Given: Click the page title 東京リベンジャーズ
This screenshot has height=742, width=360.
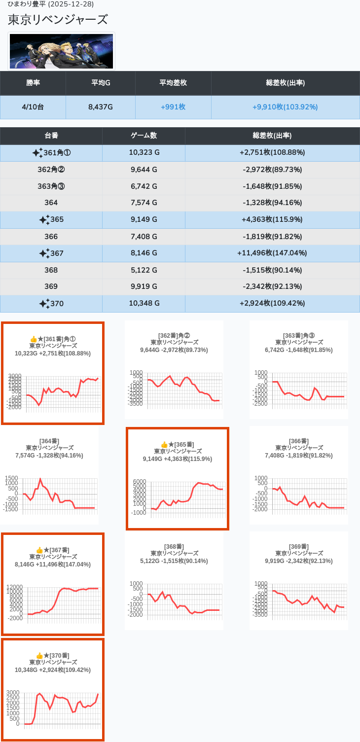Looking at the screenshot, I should click(58, 20).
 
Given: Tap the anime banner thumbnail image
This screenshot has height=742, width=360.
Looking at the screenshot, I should click(61, 51).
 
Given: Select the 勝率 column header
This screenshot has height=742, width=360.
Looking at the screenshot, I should click(33, 83).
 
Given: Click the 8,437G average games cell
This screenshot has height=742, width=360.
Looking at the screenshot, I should click(101, 107).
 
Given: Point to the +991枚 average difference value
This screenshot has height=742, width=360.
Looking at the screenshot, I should click(173, 107).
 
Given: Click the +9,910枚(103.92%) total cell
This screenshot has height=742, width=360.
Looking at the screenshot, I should click(285, 107).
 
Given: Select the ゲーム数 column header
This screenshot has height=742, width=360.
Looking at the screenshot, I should click(144, 136).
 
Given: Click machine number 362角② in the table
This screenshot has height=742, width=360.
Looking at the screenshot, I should click(51, 170).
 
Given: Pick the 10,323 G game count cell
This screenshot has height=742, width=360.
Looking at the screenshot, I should click(144, 153).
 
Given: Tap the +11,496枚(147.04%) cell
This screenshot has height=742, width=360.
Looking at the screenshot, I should click(272, 253).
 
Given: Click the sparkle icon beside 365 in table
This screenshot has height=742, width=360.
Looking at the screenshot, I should click(44, 220).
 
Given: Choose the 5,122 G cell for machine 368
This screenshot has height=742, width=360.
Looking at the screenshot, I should click(144, 270).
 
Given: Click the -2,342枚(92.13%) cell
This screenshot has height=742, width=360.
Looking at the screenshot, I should click(272, 286).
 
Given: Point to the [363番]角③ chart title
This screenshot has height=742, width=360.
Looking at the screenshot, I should click(299, 336).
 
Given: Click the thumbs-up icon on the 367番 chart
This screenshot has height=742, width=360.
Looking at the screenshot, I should click(39, 550).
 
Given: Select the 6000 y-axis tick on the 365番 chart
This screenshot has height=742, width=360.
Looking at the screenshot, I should click(140, 482).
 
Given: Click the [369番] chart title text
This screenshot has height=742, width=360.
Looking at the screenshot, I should click(299, 547).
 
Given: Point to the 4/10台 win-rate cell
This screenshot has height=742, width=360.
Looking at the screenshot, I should click(33, 107).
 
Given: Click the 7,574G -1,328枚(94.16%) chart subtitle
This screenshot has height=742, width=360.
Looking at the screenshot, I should click(49, 455).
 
